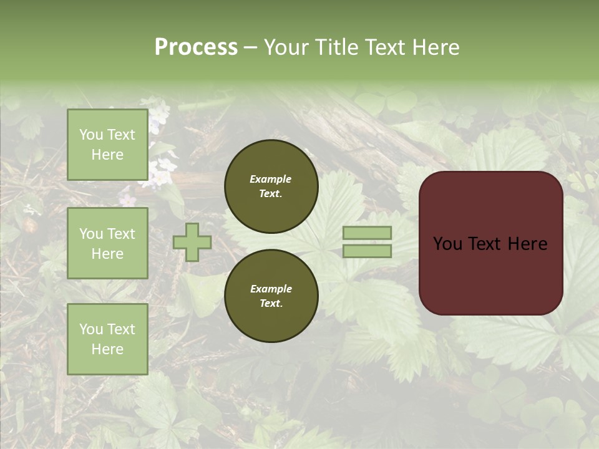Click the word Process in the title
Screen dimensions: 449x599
[196, 47]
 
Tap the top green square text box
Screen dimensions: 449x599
[107, 145]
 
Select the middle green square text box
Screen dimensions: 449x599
[107, 243]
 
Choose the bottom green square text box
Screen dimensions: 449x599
[107, 339]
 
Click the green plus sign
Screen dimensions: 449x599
[192, 243]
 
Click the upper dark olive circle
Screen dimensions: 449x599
[271, 186]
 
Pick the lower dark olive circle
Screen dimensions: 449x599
[271, 296]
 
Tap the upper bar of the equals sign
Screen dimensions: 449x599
[368, 233]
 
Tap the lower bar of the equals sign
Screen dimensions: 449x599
[368, 251]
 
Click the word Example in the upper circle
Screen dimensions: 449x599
[271, 179]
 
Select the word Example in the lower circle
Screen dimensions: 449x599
[271, 289]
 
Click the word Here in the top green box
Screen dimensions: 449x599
[107, 155]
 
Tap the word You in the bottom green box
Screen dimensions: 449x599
[91, 329]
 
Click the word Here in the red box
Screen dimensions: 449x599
[528, 244]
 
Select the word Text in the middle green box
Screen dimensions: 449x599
[120, 234]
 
